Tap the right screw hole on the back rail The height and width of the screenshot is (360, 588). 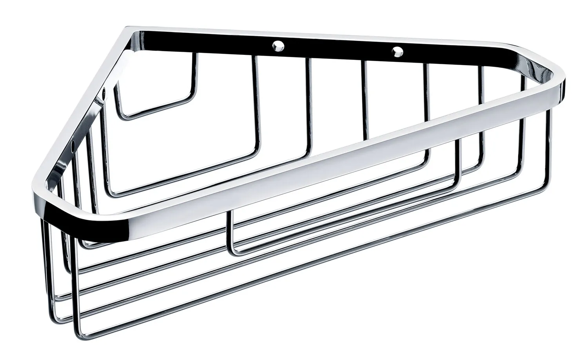(x=397, y=51)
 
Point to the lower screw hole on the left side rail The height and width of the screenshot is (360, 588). (x=73, y=150)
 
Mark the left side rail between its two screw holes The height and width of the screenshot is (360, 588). (x=89, y=121)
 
